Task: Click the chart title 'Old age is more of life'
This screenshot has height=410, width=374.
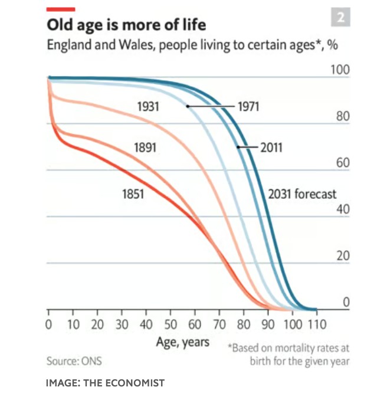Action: pyautogui.click(x=126, y=26)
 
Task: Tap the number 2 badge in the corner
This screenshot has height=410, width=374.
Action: pyautogui.click(x=340, y=18)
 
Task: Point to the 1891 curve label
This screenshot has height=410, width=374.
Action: pyautogui.click(x=145, y=147)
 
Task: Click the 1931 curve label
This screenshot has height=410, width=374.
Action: pyautogui.click(x=147, y=107)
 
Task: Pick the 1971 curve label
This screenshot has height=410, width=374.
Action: pyautogui.click(x=248, y=107)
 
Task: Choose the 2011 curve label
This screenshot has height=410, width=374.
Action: pyautogui.click(x=271, y=147)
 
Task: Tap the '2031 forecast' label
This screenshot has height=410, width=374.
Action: pyautogui.click(x=302, y=194)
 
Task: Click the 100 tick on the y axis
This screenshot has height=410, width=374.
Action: pyautogui.click(x=340, y=70)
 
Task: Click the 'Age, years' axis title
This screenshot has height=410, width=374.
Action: pyautogui.click(x=183, y=342)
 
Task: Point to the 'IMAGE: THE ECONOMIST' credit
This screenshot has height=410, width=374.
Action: pyautogui.click(x=105, y=383)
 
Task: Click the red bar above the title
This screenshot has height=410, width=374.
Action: pyautogui.click(x=61, y=9)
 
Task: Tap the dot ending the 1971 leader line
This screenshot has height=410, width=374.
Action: pyautogui.click(x=188, y=106)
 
